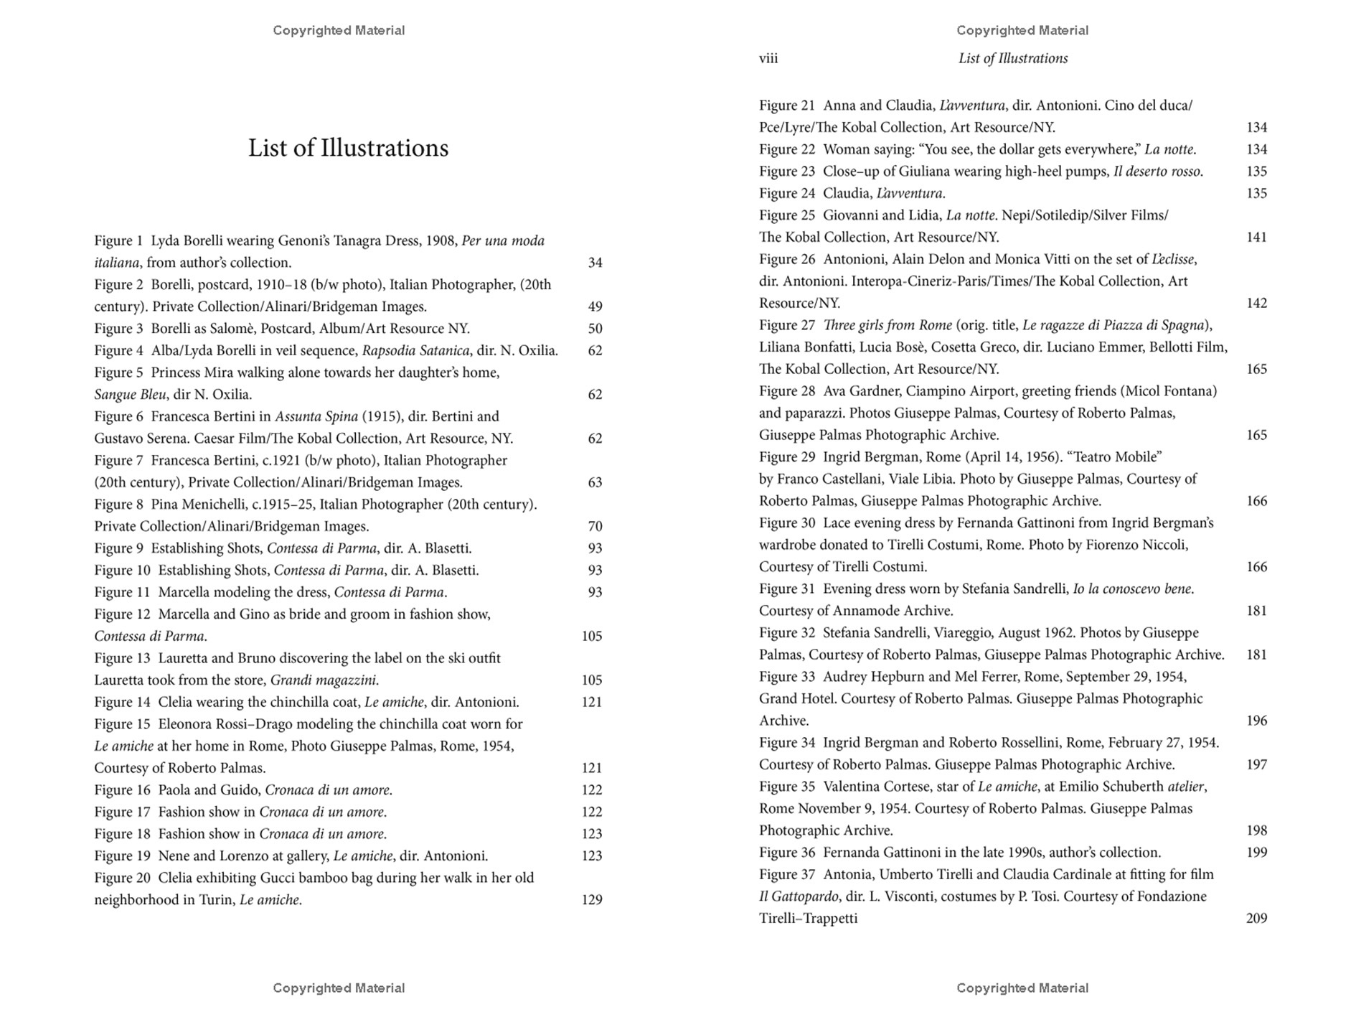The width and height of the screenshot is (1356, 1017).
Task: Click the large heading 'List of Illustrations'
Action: pyautogui.click(x=348, y=148)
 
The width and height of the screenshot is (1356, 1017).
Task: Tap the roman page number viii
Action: pyautogui.click(x=768, y=58)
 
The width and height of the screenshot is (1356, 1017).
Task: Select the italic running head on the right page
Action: pyautogui.click(x=1012, y=58)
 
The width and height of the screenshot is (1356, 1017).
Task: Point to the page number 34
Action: pyautogui.click(x=595, y=263)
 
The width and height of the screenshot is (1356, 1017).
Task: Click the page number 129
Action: pyautogui.click(x=592, y=900)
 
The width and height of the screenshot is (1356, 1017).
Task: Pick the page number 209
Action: pyautogui.click(x=1256, y=919)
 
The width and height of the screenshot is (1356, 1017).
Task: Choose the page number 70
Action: pyautogui.click(x=595, y=526)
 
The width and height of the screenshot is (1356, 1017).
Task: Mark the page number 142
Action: pyautogui.click(x=1256, y=303)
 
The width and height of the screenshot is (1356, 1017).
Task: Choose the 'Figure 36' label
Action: pyautogui.click(x=787, y=853)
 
